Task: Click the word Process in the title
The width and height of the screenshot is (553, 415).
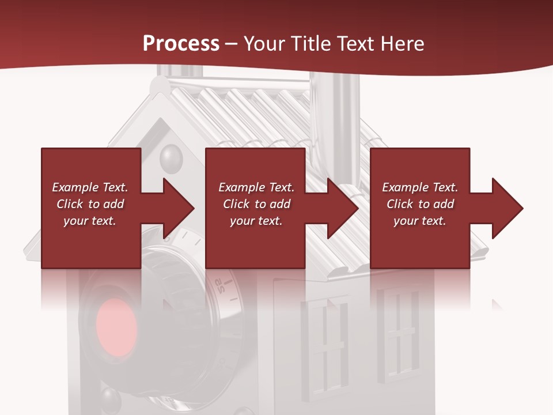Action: click(x=181, y=43)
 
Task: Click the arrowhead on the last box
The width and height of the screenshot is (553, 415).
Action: click(x=506, y=208)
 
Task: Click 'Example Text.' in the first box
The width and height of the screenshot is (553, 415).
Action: click(x=90, y=187)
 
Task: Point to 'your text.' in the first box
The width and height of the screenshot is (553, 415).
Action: click(x=90, y=221)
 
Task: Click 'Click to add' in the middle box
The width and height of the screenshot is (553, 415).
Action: click(x=256, y=204)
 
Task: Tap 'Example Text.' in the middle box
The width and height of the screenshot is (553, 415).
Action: click(x=256, y=187)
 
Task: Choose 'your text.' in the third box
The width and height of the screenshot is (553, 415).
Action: click(x=419, y=221)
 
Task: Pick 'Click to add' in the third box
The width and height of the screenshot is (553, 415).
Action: click(x=420, y=204)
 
